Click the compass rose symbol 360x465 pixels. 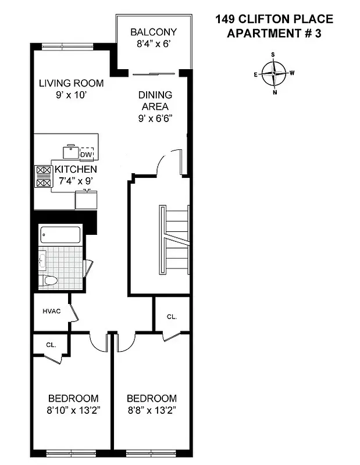click(x=274, y=74)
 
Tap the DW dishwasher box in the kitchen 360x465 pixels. click(x=86, y=154)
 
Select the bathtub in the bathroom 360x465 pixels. click(x=61, y=236)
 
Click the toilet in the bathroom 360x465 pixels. click(x=50, y=281)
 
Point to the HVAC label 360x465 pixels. click(x=51, y=311)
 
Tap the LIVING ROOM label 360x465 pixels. click(x=71, y=83)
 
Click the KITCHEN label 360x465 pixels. click(x=76, y=169)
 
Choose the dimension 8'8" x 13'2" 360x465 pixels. click(x=152, y=410)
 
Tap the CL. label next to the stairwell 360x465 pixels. click(x=172, y=317)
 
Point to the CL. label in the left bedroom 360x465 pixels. click(x=51, y=345)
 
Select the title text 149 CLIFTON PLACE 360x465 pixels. click(x=273, y=20)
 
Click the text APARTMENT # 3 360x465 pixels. click(x=273, y=33)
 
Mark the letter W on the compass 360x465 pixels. click(x=292, y=73)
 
